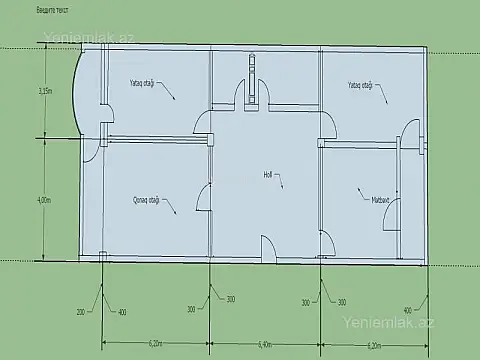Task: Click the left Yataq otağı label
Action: (141, 83)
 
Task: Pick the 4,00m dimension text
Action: (43, 200)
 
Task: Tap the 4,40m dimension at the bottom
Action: (265, 345)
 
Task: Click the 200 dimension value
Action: (81, 312)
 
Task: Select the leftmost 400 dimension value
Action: (122, 312)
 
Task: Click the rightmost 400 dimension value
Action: (407, 310)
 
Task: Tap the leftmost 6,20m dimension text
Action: (155, 345)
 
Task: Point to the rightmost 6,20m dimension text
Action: (375, 345)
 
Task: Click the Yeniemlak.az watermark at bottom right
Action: (388, 324)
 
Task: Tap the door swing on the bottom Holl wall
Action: (268, 248)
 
